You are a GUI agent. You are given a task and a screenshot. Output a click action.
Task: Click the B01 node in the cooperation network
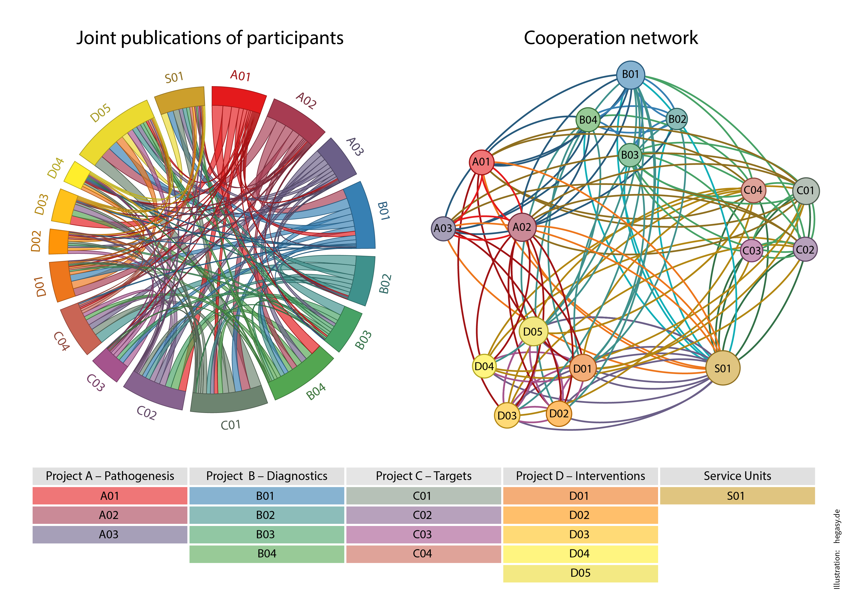[630, 75]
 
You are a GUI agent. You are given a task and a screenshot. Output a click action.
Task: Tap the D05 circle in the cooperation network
[533, 331]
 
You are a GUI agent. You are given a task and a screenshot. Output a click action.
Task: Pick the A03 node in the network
[443, 228]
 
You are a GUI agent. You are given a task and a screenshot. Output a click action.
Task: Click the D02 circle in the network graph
[558, 413]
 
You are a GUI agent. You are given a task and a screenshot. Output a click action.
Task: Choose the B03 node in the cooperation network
[630, 155]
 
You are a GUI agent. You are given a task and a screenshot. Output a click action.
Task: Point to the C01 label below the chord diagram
[231, 425]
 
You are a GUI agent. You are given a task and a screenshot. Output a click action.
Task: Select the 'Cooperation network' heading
[611, 38]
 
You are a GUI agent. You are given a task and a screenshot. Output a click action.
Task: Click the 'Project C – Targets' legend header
[423, 476]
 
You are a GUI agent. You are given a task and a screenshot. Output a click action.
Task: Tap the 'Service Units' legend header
[737, 476]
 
